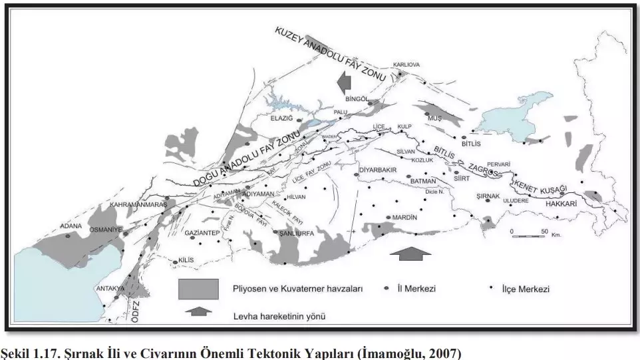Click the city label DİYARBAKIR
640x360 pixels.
377,170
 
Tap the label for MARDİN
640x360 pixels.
404,218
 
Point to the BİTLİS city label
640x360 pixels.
474,143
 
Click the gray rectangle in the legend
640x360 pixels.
198,289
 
